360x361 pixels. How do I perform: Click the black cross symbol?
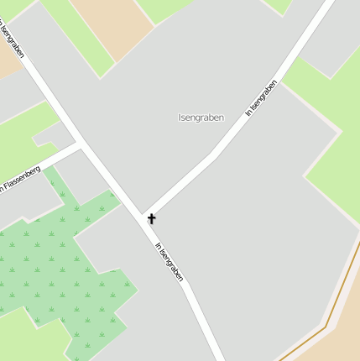(152, 219)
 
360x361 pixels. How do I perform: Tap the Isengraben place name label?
(201, 118)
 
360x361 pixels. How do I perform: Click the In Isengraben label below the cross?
(169, 262)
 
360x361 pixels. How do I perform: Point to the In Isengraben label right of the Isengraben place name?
(261, 97)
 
